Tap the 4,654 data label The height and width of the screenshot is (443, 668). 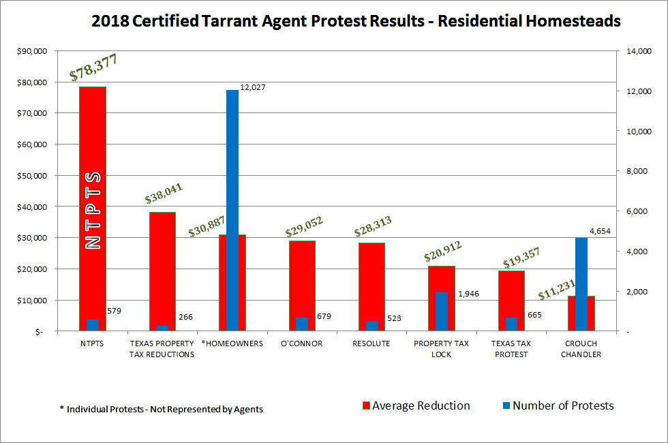(599, 231)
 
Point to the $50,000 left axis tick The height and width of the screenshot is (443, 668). (30, 176)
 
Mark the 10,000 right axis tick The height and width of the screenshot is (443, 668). (639, 132)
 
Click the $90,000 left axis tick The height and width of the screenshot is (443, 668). (30, 51)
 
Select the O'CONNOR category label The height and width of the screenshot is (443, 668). (302, 343)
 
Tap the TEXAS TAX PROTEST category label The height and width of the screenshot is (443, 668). (511, 348)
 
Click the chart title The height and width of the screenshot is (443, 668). (355, 21)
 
